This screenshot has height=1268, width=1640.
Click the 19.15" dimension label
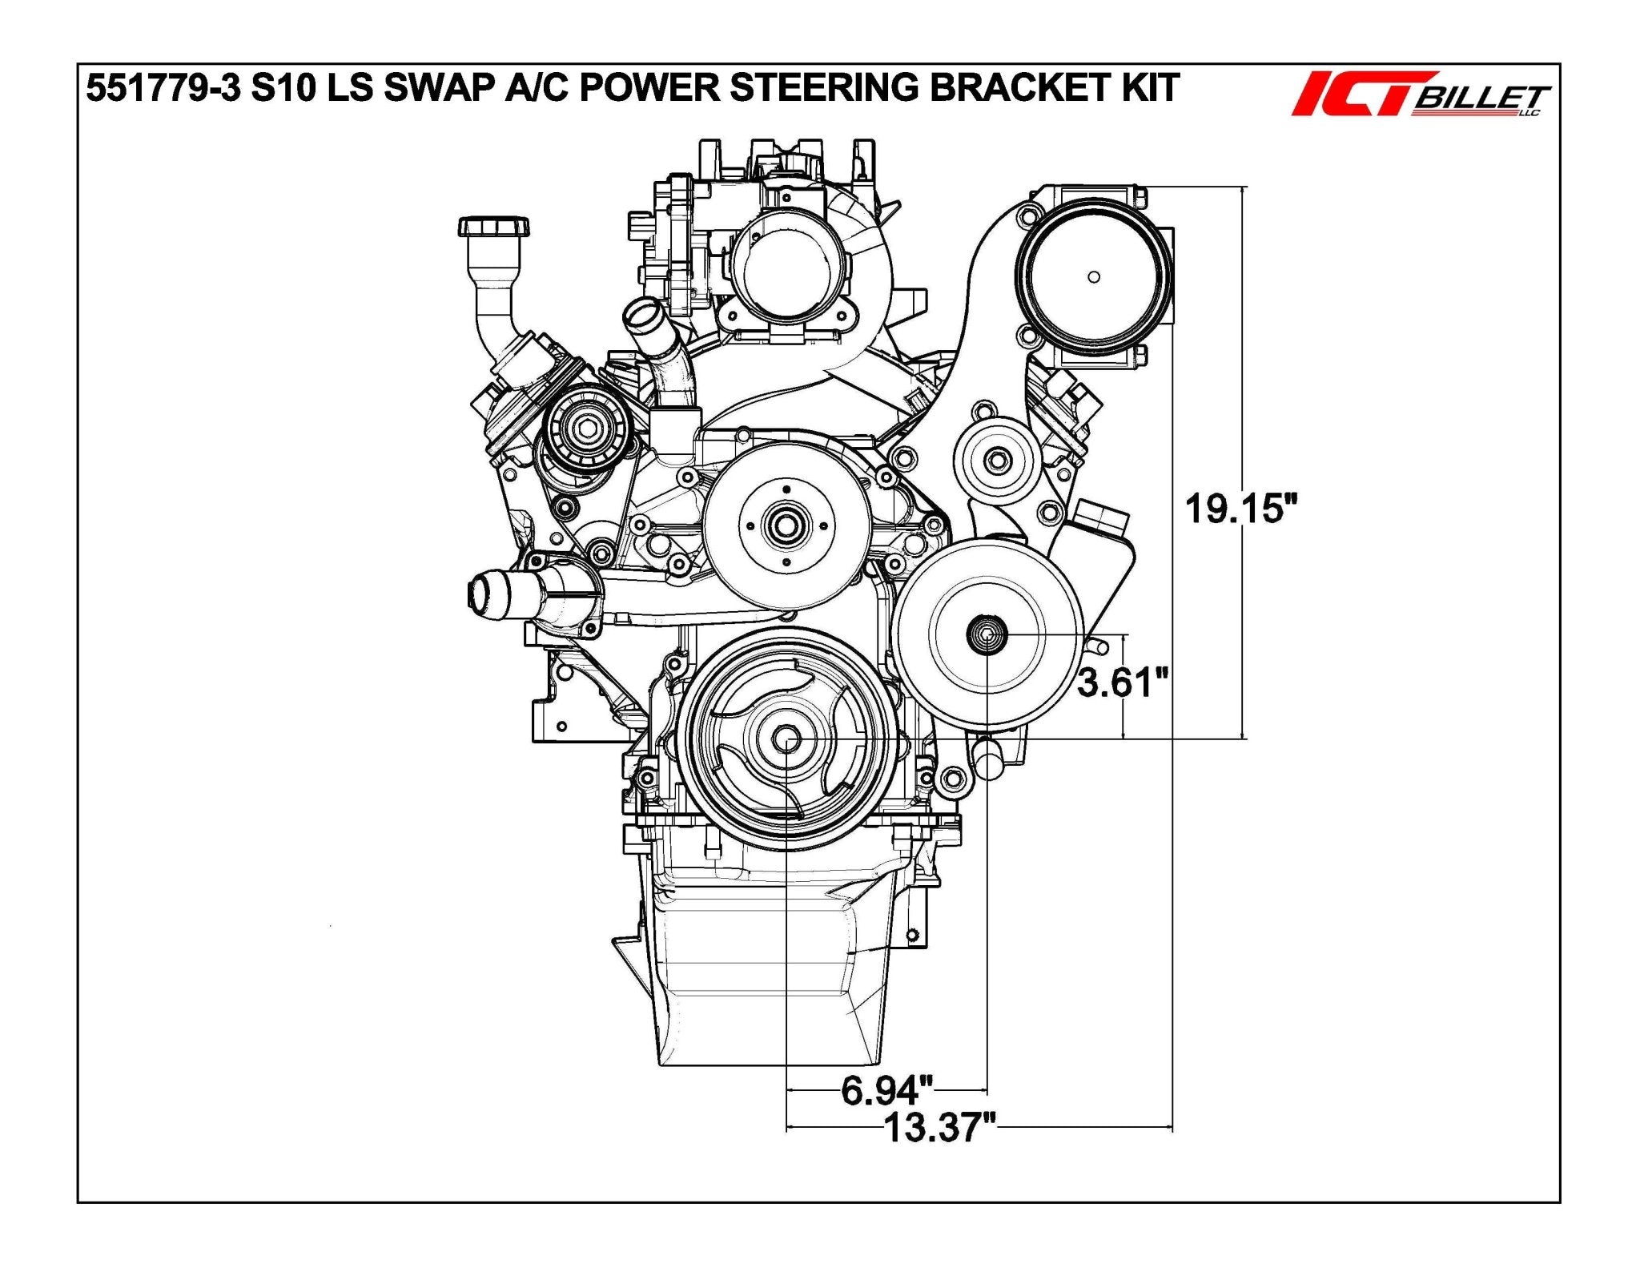point(1240,509)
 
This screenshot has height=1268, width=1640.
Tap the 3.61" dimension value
point(1123,683)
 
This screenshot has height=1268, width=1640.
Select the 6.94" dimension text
point(887,1090)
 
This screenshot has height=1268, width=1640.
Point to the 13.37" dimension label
point(940,1128)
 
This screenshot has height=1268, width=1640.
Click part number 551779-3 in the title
point(163,88)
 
